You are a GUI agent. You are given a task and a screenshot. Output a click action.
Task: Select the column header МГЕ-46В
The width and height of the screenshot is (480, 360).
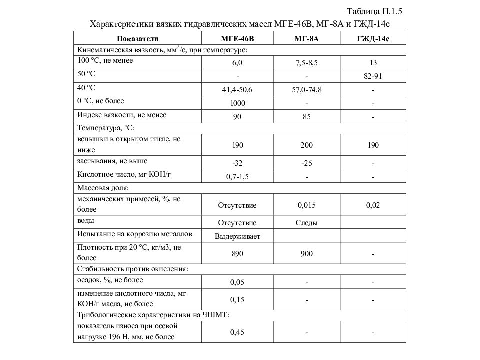pyautogui.click(x=237, y=39)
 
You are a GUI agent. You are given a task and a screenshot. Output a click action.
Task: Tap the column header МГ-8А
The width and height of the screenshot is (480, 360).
pyautogui.click(x=306, y=39)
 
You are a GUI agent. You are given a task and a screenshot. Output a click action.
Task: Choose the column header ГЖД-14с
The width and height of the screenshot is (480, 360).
pyautogui.click(x=373, y=39)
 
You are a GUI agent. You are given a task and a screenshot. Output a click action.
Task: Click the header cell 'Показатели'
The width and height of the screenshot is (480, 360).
pyautogui.click(x=137, y=39)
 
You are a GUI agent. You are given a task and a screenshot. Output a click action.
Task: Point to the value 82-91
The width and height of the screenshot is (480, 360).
pyautogui.click(x=373, y=76)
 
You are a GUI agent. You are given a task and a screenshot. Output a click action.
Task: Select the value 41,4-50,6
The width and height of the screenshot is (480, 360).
pyautogui.click(x=237, y=90)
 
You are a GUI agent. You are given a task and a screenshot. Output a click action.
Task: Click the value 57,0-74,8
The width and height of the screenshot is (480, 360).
pyautogui.click(x=306, y=90)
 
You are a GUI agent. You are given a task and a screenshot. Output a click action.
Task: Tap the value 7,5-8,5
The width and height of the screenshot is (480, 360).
pyautogui.click(x=306, y=63)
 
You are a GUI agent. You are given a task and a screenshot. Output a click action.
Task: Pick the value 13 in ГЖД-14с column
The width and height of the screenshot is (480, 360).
pyautogui.click(x=373, y=63)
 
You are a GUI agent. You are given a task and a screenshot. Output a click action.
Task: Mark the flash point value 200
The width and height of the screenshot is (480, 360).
pyautogui.click(x=306, y=145)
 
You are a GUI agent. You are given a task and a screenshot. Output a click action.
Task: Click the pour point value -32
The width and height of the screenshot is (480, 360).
pyautogui.click(x=237, y=163)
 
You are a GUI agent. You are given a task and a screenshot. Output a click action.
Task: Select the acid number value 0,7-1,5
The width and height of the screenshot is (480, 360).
pyautogui.click(x=237, y=177)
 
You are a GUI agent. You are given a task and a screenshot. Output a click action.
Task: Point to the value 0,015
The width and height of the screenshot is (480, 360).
pyautogui.click(x=306, y=205)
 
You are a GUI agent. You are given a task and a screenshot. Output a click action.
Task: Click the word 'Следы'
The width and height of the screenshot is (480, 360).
pyautogui.click(x=306, y=223)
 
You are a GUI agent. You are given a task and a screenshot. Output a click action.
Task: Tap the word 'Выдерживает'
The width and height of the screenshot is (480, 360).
pyautogui.click(x=237, y=236)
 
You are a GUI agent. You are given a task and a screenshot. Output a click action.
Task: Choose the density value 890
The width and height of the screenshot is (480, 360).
pyautogui.click(x=237, y=254)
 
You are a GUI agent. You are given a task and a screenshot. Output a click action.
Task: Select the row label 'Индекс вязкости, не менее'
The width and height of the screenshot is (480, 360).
pyautogui.click(x=121, y=115)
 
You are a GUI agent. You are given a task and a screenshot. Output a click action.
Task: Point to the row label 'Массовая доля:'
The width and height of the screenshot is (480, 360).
pyautogui.click(x=103, y=188)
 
